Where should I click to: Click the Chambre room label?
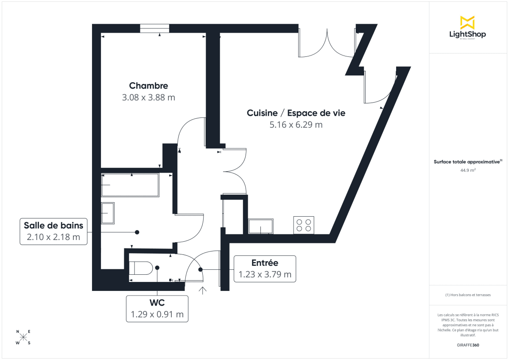(148, 86)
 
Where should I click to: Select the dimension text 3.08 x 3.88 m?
(148, 98)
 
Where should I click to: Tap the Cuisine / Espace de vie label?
(296, 113)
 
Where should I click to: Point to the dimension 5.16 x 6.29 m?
(296, 125)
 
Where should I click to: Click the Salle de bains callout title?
(53, 225)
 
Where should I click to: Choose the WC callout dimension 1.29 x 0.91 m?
(157, 315)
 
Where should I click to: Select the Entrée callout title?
(265, 262)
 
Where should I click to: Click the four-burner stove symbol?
(304, 225)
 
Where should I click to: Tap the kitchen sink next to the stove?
(261, 226)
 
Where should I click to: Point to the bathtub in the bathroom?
(130, 185)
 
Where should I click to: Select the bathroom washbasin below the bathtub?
(108, 212)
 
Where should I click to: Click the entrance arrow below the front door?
(203, 290)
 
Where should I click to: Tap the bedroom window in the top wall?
(154, 28)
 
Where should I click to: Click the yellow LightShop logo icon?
(467, 22)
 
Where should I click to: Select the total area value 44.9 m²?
(467, 170)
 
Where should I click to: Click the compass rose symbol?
(23, 337)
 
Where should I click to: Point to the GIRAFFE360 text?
(467, 345)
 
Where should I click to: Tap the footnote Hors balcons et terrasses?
(467, 295)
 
